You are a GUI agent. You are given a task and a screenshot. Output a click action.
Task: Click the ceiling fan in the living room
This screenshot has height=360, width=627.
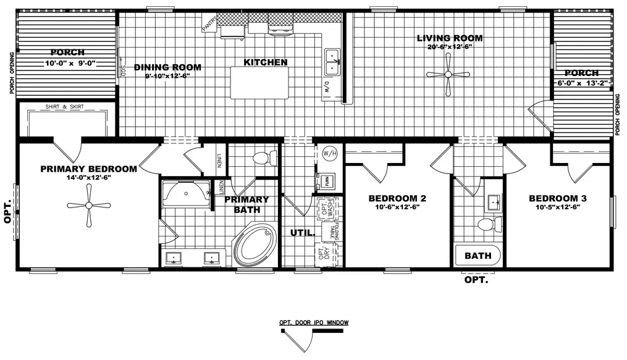(x=448, y=75)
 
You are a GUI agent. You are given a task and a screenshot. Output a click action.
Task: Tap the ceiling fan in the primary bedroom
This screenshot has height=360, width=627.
(x=89, y=205)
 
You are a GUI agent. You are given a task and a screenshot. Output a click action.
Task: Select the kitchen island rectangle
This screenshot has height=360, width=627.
(x=259, y=83)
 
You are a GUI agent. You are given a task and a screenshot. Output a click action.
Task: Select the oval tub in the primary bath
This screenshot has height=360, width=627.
(x=255, y=245)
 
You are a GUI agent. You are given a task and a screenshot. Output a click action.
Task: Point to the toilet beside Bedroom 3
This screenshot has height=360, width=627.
(x=487, y=224)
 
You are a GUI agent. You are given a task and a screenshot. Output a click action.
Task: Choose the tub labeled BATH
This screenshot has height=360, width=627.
(x=478, y=255)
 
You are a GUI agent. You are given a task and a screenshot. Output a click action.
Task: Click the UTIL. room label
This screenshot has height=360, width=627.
(x=303, y=233)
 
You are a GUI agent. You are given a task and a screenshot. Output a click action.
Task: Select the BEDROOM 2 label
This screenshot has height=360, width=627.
(x=397, y=198)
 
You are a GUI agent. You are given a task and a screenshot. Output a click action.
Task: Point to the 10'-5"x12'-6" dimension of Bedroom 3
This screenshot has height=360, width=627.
(x=557, y=207)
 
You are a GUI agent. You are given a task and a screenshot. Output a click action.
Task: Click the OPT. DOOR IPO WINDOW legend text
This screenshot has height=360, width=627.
(x=314, y=323)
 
